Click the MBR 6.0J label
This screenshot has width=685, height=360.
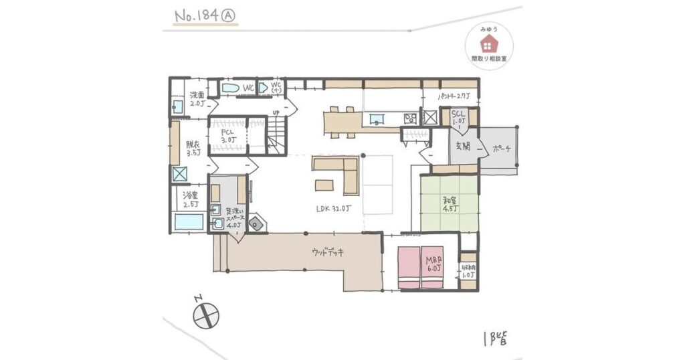pyautogui.click(x=433, y=265)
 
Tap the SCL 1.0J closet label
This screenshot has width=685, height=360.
pyautogui.click(x=458, y=117)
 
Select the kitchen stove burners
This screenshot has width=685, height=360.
pyautogui.click(x=410, y=118)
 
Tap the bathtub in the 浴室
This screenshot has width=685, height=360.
pyautogui.click(x=189, y=221)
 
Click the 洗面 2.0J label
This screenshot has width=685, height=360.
pyautogui.click(x=196, y=99)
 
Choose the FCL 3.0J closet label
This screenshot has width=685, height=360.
pyautogui.click(x=229, y=137)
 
